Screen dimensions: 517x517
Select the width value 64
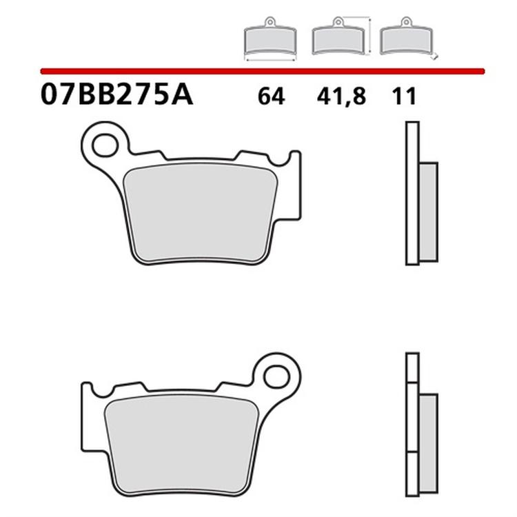(x=271, y=97)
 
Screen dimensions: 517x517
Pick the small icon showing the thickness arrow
(x=406, y=39)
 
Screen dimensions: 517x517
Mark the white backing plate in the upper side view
(x=412, y=193)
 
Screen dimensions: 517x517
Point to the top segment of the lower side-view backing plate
(x=412, y=367)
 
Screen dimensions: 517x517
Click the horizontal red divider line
(x=262, y=70)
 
